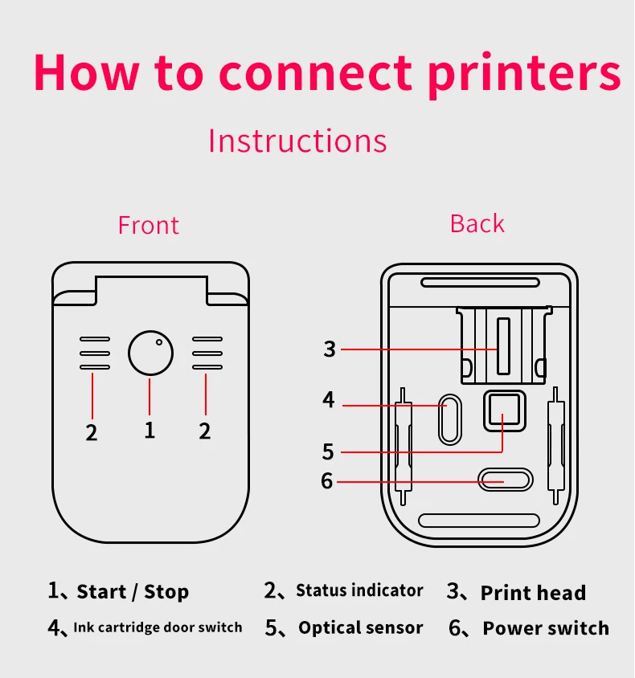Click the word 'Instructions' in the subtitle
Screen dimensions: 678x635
pyautogui.click(x=297, y=141)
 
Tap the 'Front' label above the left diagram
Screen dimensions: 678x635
pyautogui.click(x=149, y=225)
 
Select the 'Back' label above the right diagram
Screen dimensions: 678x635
pyautogui.click(x=477, y=223)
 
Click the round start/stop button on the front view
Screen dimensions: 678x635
pyautogui.click(x=150, y=353)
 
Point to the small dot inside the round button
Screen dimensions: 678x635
pyautogui.click(x=159, y=342)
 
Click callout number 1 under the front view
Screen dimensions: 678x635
pyautogui.click(x=150, y=430)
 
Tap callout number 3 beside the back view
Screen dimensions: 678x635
pyautogui.click(x=330, y=349)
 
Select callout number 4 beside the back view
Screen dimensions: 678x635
pyautogui.click(x=329, y=399)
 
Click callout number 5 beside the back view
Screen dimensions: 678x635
pyautogui.click(x=328, y=451)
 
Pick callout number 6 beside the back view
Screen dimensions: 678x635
pyautogui.click(x=326, y=480)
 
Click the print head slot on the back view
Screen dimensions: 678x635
pyautogui.click(x=503, y=346)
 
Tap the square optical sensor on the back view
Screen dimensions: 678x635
pyautogui.click(x=504, y=411)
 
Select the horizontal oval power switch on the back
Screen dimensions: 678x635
pyautogui.click(x=505, y=480)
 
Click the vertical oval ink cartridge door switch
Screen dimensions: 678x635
pyautogui.click(x=449, y=418)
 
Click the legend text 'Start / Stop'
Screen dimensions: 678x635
pyautogui.click(x=133, y=593)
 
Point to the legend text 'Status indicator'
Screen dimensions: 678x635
pyautogui.click(x=359, y=591)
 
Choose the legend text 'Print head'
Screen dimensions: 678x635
pyautogui.click(x=533, y=594)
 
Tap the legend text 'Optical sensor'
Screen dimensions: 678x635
pyautogui.click(x=360, y=628)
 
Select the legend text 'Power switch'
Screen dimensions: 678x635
pyautogui.click(x=546, y=628)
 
